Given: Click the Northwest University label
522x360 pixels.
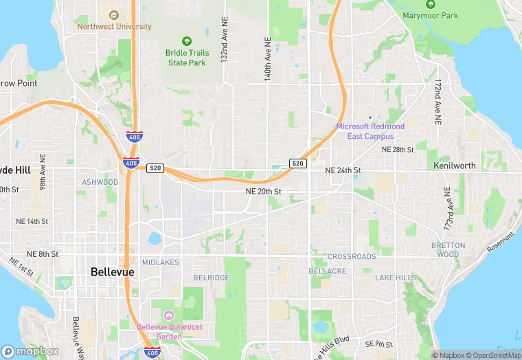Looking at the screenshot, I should (x=114, y=27).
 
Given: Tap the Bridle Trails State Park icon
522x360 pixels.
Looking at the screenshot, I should (x=187, y=41).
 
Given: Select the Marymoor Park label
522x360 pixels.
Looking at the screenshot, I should (x=430, y=15).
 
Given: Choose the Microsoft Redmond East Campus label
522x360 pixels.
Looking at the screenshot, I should (x=370, y=131).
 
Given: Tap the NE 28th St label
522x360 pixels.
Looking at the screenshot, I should (x=398, y=149).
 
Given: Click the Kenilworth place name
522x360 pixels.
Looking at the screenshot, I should (x=455, y=166).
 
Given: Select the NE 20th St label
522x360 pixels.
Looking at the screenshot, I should (x=264, y=191).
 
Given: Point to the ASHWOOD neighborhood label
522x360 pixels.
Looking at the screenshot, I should (x=100, y=182).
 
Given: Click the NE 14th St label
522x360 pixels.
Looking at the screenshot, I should (x=31, y=222).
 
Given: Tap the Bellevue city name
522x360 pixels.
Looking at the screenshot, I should (x=113, y=272).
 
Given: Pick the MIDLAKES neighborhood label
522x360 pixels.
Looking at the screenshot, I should (x=160, y=262).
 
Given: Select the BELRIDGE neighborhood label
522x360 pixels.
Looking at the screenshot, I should (x=211, y=277).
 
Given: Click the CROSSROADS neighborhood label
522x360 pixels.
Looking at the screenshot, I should (x=352, y=256).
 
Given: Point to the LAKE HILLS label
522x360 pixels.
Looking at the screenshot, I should (x=396, y=278).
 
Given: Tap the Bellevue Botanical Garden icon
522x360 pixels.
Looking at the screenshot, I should (x=169, y=315).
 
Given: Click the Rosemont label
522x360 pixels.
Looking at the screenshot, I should (x=500, y=243).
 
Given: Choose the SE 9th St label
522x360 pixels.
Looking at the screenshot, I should (x=379, y=344).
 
